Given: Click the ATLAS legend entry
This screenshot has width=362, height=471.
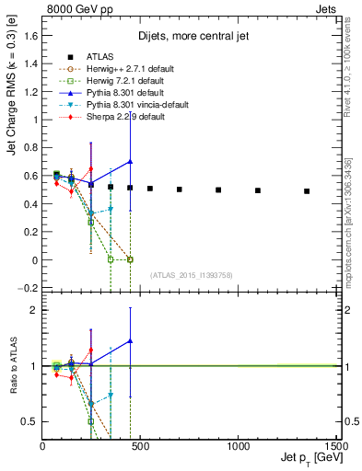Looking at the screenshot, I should pyautogui.click(x=94, y=57).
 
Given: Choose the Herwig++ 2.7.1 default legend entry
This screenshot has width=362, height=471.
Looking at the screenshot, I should pyautogui.click(x=116, y=69).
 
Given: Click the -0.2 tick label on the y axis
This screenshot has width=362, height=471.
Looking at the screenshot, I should pyautogui.click(x=29, y=288).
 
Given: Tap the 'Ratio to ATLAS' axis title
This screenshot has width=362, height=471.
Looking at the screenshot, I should pyautogui.click(x=11, y=368).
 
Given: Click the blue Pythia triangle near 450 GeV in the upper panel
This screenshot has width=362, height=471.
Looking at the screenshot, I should pyautogui.click(x=130, y=161).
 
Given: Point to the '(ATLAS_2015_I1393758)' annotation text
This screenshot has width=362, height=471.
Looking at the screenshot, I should pyautogui.click(x=191, y=275).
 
